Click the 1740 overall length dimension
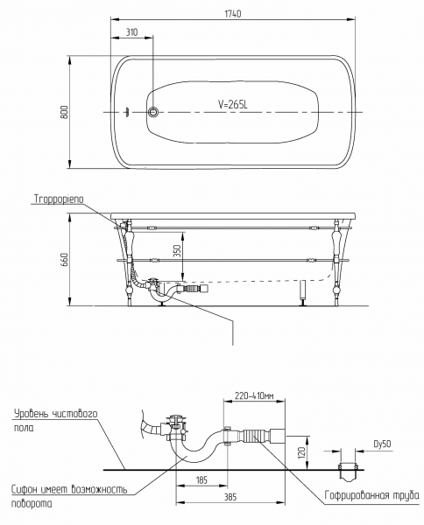pyautogui.click(x=233, y=14)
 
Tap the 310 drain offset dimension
pyautogui.click(x=131, y=32)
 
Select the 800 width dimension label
pyautogui.click(x=64, y=112)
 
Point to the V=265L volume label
pyautogui.click(x=233, y=105)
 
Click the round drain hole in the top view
pyautogui.click(x=153, y=112)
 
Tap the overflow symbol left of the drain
pyautogui.click(x=127, y=112)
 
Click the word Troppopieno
pyautogui.click(x=59, y=199)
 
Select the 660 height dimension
pyautogui.click(x=64, y=260)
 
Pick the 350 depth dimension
pyautogui.click(x=178, y=251)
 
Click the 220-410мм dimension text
pyautogui.click(x=254, y=396)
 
